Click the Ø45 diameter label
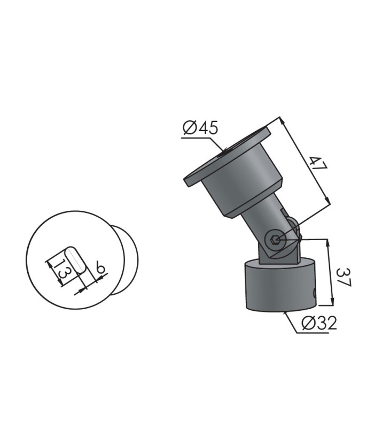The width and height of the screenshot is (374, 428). pos(201,128)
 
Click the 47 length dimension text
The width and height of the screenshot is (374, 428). pos(318,164)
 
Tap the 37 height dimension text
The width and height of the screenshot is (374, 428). pos(344,277)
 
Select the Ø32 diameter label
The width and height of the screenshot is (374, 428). pos(320,323)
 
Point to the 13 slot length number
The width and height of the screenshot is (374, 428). pos(59,271)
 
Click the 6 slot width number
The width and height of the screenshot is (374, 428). pos(100,267)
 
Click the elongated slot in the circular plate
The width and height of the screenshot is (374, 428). pos(75,259)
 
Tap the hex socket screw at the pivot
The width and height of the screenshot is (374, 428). pos(275,240)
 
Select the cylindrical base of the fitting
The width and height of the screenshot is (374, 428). pos(280,285)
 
